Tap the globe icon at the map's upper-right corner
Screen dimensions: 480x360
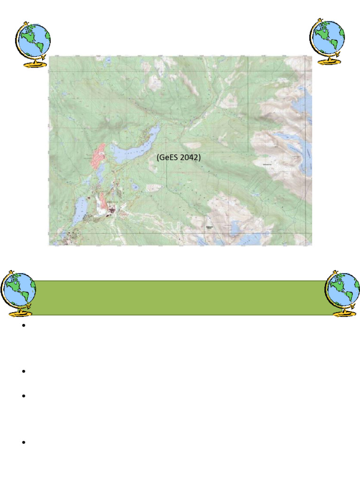coord(328,41)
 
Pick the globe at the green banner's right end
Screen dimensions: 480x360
coord(343,294)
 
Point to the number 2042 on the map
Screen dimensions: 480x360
coord(189,157)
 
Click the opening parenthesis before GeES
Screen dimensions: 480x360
coord(158,157)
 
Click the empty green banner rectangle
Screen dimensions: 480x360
coord(180,298)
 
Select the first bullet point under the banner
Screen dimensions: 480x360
coord(22,326)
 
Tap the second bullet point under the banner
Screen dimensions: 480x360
coord(22,372)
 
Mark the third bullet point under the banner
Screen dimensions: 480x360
coord(22,396)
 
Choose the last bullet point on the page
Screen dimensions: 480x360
coord(22,442)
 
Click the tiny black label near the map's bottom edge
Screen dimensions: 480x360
coord(209,228)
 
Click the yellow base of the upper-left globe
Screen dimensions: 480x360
coord(34,64)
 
